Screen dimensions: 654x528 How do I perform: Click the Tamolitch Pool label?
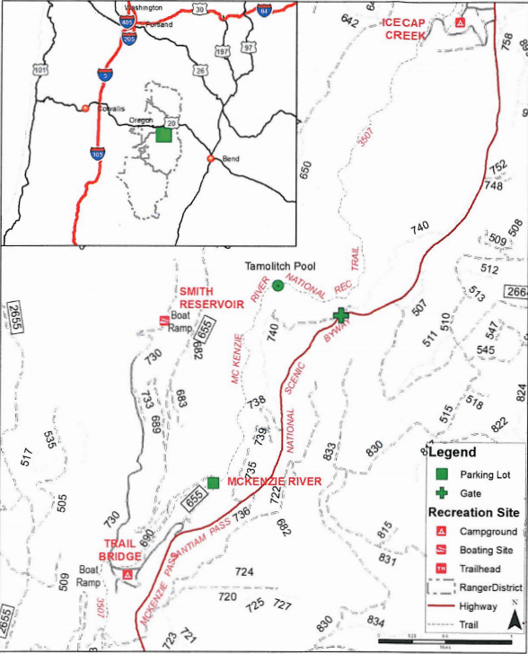point(278,268)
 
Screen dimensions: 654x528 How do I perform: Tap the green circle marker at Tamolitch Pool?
point(278,286)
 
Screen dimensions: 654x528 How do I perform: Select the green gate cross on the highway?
point(340,315)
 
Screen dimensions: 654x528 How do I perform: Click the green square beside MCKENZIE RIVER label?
point(213,482)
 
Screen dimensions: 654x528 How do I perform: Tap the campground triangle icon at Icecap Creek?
point(461,22)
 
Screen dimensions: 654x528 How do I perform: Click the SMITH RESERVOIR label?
point(212,298)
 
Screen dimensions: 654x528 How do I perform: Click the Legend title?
point(452,453)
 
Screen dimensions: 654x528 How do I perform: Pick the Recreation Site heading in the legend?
point(473,513)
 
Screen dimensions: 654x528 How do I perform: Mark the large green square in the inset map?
point(163,135)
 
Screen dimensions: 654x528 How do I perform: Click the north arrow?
point(514,616)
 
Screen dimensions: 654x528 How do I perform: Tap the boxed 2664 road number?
point(516,292)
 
